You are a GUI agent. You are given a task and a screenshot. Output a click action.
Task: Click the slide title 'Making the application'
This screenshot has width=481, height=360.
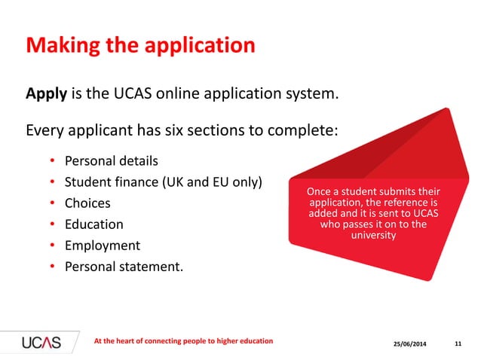tap(140, 46)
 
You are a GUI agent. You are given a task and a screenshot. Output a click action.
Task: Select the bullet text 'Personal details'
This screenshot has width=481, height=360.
tap(112, 161)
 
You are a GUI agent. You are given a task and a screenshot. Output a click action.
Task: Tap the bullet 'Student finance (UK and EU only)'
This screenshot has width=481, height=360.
tap(163, 182)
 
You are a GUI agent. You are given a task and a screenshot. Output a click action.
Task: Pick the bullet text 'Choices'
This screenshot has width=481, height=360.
tap(87, 203)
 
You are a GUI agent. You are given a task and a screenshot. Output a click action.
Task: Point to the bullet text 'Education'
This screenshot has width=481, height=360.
tap(94, 224)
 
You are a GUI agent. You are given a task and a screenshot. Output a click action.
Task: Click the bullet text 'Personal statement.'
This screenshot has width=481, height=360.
tap(124, 267)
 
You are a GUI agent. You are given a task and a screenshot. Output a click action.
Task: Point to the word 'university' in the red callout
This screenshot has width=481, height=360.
tap(374, 236)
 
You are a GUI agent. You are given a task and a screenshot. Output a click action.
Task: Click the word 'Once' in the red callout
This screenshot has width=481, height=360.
tap(318, 193)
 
